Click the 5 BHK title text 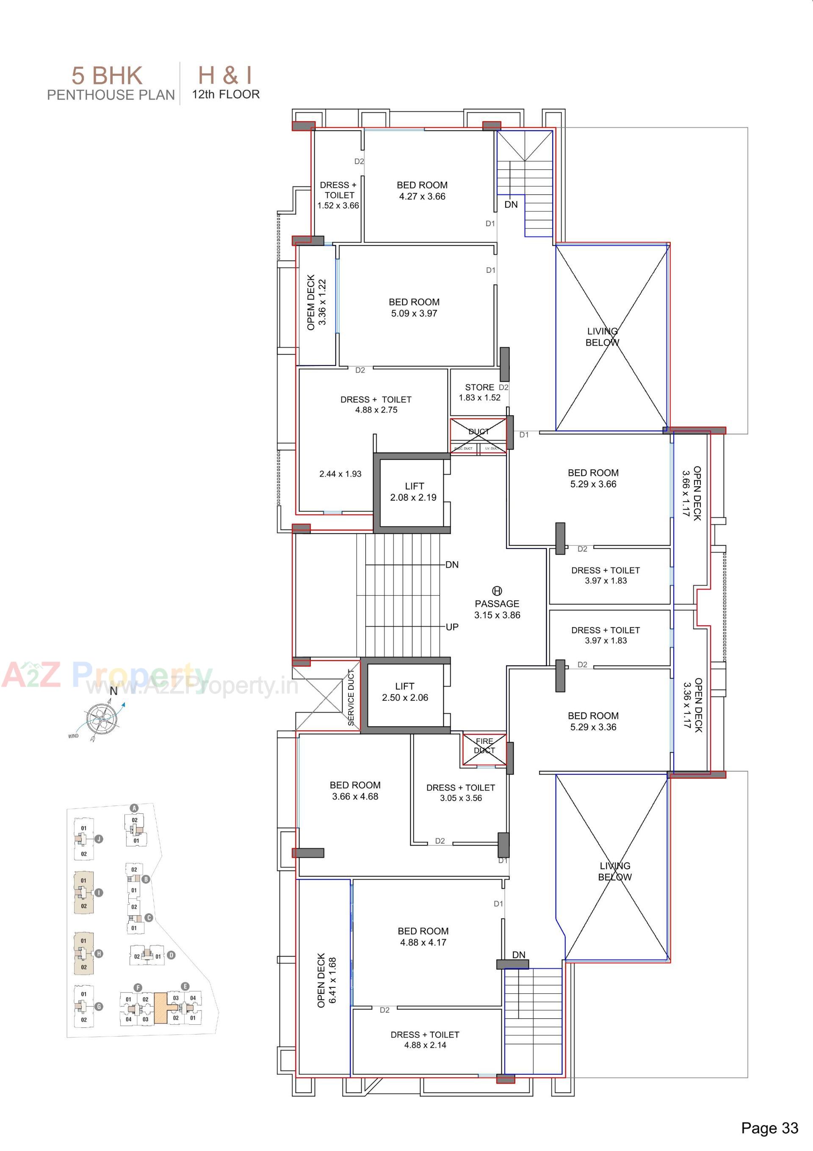pos(107,76)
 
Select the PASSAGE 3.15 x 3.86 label pos(497,609)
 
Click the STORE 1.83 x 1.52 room pos(480,392)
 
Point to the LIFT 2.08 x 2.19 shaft pos(414,492)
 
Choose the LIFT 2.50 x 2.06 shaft pos(405,692)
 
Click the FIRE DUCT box pos(484,746)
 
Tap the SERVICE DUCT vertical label pos(351,697)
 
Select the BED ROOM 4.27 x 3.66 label pos(422,191)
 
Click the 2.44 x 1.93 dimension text pos(340,474)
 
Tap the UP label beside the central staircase pos(452,627)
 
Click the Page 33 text pos(769,1128)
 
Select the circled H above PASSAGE pos(497,591)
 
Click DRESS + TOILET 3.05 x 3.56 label pos(461,793)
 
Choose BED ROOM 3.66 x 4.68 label pos(355,790)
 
